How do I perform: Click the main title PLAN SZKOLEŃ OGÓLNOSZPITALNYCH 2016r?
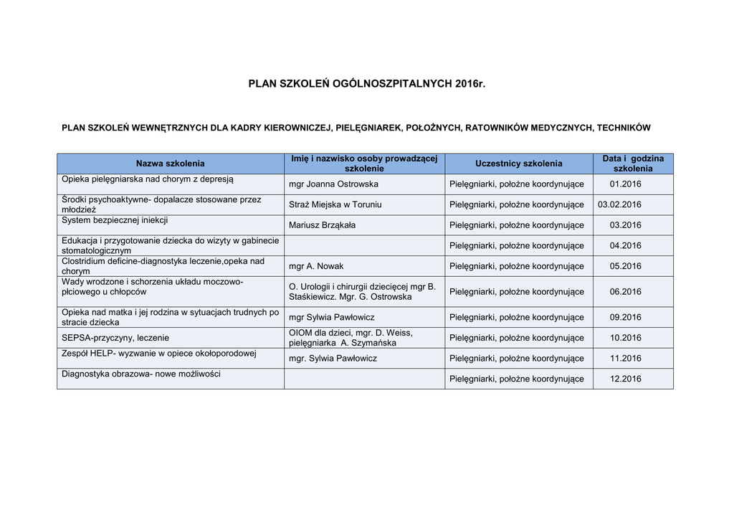[366, 84]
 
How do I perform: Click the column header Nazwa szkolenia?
[170, 164]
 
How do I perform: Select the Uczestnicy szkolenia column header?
[518, 164]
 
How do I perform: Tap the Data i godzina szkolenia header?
[633, 164]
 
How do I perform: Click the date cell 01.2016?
[625, 184]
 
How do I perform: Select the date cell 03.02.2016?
[619, 205]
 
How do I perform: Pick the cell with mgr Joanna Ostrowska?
[333, 184]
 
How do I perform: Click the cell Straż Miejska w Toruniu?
[335, 205]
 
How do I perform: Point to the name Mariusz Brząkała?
[322, 225]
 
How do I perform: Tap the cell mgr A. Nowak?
[316, 266]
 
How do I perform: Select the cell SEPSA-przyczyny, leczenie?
[115, 338]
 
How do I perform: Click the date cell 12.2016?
[625, 379]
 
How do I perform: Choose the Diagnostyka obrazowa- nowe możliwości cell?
[141, 374]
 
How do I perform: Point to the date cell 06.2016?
[625, 292]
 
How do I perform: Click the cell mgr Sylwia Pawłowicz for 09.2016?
[331, 317]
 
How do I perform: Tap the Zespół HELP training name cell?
[158, 354]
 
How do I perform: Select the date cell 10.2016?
[625, 338]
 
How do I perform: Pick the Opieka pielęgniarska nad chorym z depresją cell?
[147, 179]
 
